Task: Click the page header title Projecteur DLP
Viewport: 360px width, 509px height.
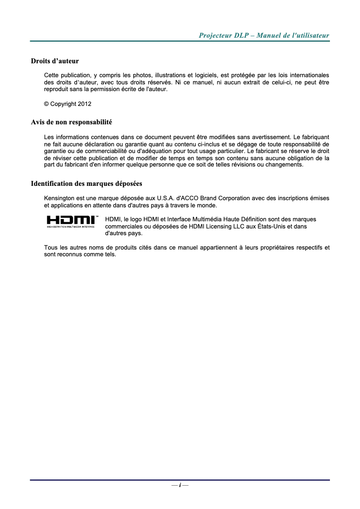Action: tap(264, 35)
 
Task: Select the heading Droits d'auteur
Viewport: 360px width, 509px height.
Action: tap(55, 61)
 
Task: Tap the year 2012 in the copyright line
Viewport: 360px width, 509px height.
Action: tap(85, 104)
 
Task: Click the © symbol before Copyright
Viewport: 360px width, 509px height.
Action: tap(46, 104)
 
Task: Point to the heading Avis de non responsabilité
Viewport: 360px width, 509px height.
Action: tap(71, 122)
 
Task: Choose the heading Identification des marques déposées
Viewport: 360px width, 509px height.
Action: tap(86, 184)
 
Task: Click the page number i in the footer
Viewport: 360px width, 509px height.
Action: tap(180, 485)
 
